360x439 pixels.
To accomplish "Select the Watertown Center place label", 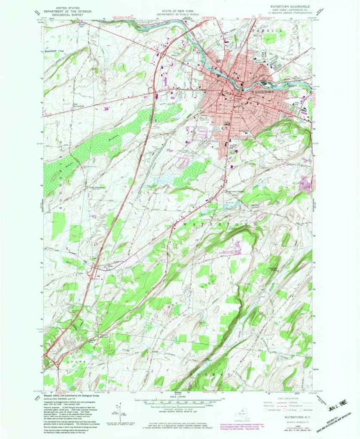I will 235,191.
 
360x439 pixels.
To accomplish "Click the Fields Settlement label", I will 97,188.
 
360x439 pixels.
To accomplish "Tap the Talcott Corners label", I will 104,337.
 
